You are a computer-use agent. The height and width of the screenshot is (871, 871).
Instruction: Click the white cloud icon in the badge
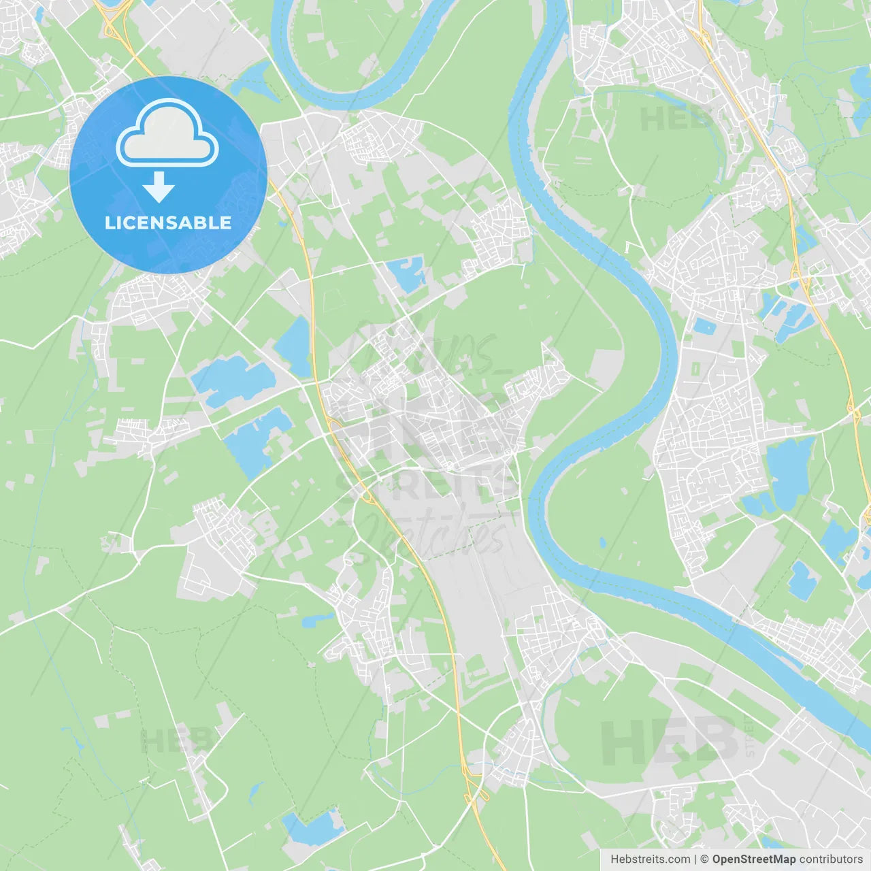pos(167,134)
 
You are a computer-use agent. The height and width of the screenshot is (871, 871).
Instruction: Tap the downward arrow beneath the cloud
pos(159,187)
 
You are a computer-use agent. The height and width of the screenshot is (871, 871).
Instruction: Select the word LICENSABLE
pos(168,223)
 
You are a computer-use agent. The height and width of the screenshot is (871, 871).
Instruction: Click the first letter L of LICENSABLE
pos(109,223)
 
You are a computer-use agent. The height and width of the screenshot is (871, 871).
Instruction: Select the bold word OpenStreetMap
pos(753,859)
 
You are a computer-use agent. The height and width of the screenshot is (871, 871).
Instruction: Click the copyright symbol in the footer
pos(704,859)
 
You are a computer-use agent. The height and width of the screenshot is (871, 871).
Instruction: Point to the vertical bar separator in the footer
pos(695,859)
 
